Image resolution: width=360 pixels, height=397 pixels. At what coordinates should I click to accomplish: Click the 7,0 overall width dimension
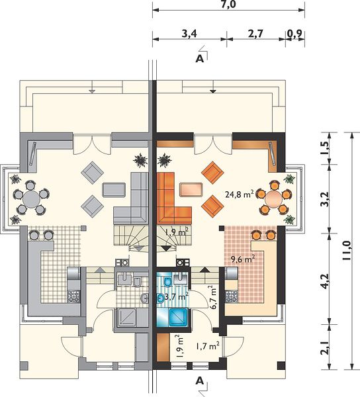(228, 5)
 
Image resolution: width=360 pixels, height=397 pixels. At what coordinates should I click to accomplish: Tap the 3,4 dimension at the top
(189, 34)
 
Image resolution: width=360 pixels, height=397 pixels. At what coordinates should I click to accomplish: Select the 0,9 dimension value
(295, 34)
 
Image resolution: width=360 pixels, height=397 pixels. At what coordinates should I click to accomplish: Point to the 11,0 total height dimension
(346, 251)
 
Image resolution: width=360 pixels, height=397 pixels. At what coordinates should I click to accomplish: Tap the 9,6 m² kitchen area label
(242, 259)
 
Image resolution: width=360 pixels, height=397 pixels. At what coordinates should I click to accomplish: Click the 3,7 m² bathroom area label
(177, 296)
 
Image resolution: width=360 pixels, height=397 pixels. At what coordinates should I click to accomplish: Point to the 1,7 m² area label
(208, 346)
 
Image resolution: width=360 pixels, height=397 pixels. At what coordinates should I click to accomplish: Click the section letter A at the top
(200, 59)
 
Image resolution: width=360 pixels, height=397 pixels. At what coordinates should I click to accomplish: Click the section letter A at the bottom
(200, 380)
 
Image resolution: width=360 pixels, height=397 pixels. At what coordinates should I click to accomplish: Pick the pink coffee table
(191, 189)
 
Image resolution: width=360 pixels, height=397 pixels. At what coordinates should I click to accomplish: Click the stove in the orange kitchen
(232, 296)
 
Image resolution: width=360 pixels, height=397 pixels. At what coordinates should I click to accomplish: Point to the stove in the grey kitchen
(73, 296)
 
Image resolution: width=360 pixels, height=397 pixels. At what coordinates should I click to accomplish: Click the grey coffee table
(114, 190)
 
